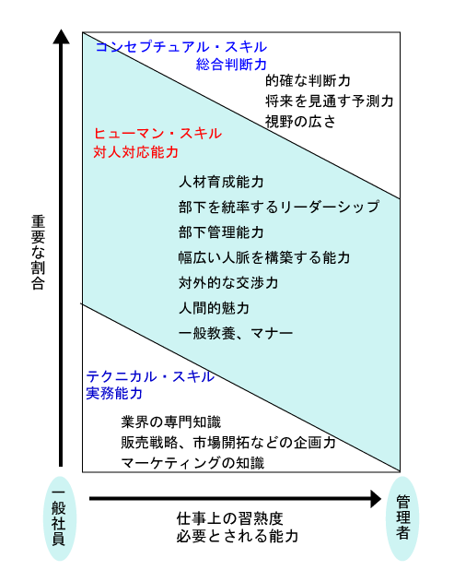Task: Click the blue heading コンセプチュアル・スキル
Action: [x=181, y=47]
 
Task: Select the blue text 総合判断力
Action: [x=231, y=65]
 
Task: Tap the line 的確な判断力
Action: [x=308, y=80]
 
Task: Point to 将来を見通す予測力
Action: [x=329, y=101]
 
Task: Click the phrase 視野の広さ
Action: [x=300, y=122]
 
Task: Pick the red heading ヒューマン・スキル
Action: [x=157, y=134]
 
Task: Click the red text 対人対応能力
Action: [x=135, y=152]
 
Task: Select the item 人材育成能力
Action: [x=221, y=182]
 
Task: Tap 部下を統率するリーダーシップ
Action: [x=279, y=207]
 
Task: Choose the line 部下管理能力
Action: [x=221, y=232]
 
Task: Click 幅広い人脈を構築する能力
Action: [x=264, y=257]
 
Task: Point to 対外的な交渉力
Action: [x=228, y=283]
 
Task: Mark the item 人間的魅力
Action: [x=214, y=308]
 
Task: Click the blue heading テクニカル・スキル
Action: [x=150, y=376]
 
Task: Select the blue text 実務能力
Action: [x=114, y=393]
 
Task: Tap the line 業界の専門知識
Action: [x=171, y=422]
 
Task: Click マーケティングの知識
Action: [x=192, y=463]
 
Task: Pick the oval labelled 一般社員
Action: [x=60, y=518]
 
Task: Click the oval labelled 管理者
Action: [x=402, y=518]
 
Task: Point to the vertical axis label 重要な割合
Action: [x=38, y=253]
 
